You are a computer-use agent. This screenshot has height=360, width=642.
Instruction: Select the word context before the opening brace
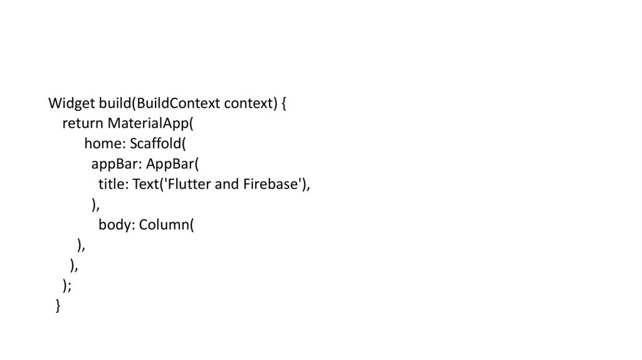click(250, 103)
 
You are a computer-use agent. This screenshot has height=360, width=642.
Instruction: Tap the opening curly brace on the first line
click(283, 103)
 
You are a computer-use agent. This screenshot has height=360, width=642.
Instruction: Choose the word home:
click(105, 144)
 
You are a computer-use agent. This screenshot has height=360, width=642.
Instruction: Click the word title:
click(113, 184)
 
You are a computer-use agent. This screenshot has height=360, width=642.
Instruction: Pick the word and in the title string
click(226, 184)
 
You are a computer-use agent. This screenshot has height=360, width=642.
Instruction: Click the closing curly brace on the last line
click(58, 305)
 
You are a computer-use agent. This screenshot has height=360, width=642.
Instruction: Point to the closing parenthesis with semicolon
click(67, 285)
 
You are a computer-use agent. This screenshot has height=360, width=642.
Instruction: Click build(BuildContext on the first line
click(160, 103)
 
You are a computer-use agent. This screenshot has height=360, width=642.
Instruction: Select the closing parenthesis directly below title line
click(95, 204)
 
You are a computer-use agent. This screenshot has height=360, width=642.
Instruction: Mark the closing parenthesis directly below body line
click(81, 245)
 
